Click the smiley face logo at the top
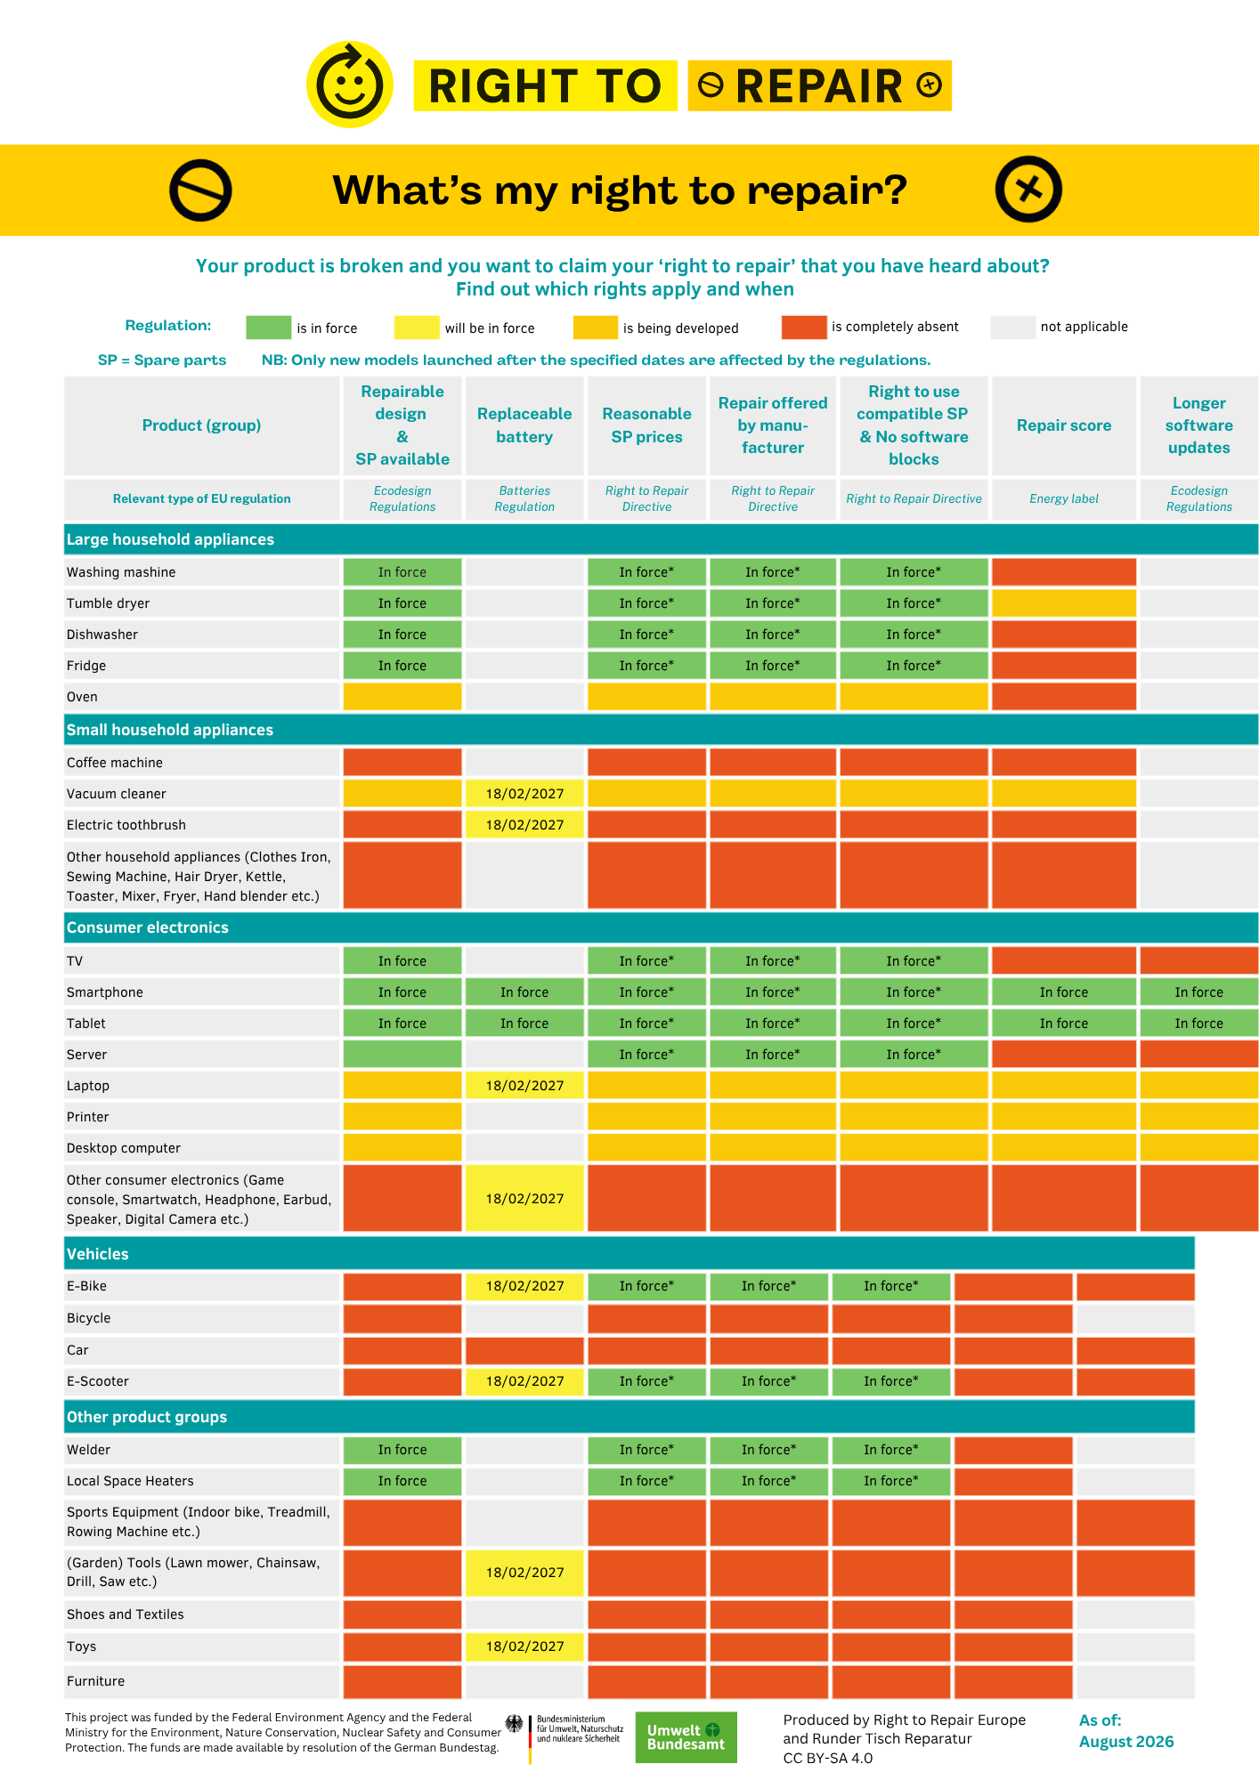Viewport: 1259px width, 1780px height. pyautogui.click(x=350, y=85)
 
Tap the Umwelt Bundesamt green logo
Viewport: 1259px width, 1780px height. pyautogui.click(x=686, y=1737)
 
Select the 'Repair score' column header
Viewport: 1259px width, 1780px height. pyautogui.click(x=1064, y=425)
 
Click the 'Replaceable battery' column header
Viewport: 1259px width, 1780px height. pyautogui.click(x=524, y=425)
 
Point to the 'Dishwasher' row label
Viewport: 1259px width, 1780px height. pyautogui.click(x=102, y=635)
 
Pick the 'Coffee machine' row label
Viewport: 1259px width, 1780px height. pyautogui.click(x=115, y=763)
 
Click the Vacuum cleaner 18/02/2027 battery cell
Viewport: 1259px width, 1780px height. pyautogui.click(x=524, y=794)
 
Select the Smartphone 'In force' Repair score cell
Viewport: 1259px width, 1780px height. pyautogui.click(x=1064, y=992)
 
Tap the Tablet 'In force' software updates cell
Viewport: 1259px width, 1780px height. pyautogui.click(x=1198, y=1023)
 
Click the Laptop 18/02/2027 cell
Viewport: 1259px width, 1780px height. pyautogui.click(x=524, y=1086)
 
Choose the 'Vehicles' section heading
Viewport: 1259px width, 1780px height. pyautogui.click(x=98, y=1254)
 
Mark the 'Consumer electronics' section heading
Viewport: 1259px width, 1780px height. pyautogui.click(x=148, y=927)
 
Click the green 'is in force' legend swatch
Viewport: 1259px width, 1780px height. pyautogui.click(x=268, y=328)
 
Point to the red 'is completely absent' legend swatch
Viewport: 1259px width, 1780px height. pyautogui.click(x=804, y=328)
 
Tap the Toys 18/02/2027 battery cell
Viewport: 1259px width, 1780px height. pyautogui.click(x=524, y=1646)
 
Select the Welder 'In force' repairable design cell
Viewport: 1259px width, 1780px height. pyautogui.click(x=402, y=1450)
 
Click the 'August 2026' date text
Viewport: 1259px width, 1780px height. pyautogui.click(x=1126, y=1742)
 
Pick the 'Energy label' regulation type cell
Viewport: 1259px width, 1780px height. pyautogui.click(x=1064, y=498)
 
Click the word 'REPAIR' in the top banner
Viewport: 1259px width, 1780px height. pyautogui.click(x=819, y=86)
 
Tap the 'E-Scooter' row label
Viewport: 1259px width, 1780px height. pyautogui.click(x=98, y=1381)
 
